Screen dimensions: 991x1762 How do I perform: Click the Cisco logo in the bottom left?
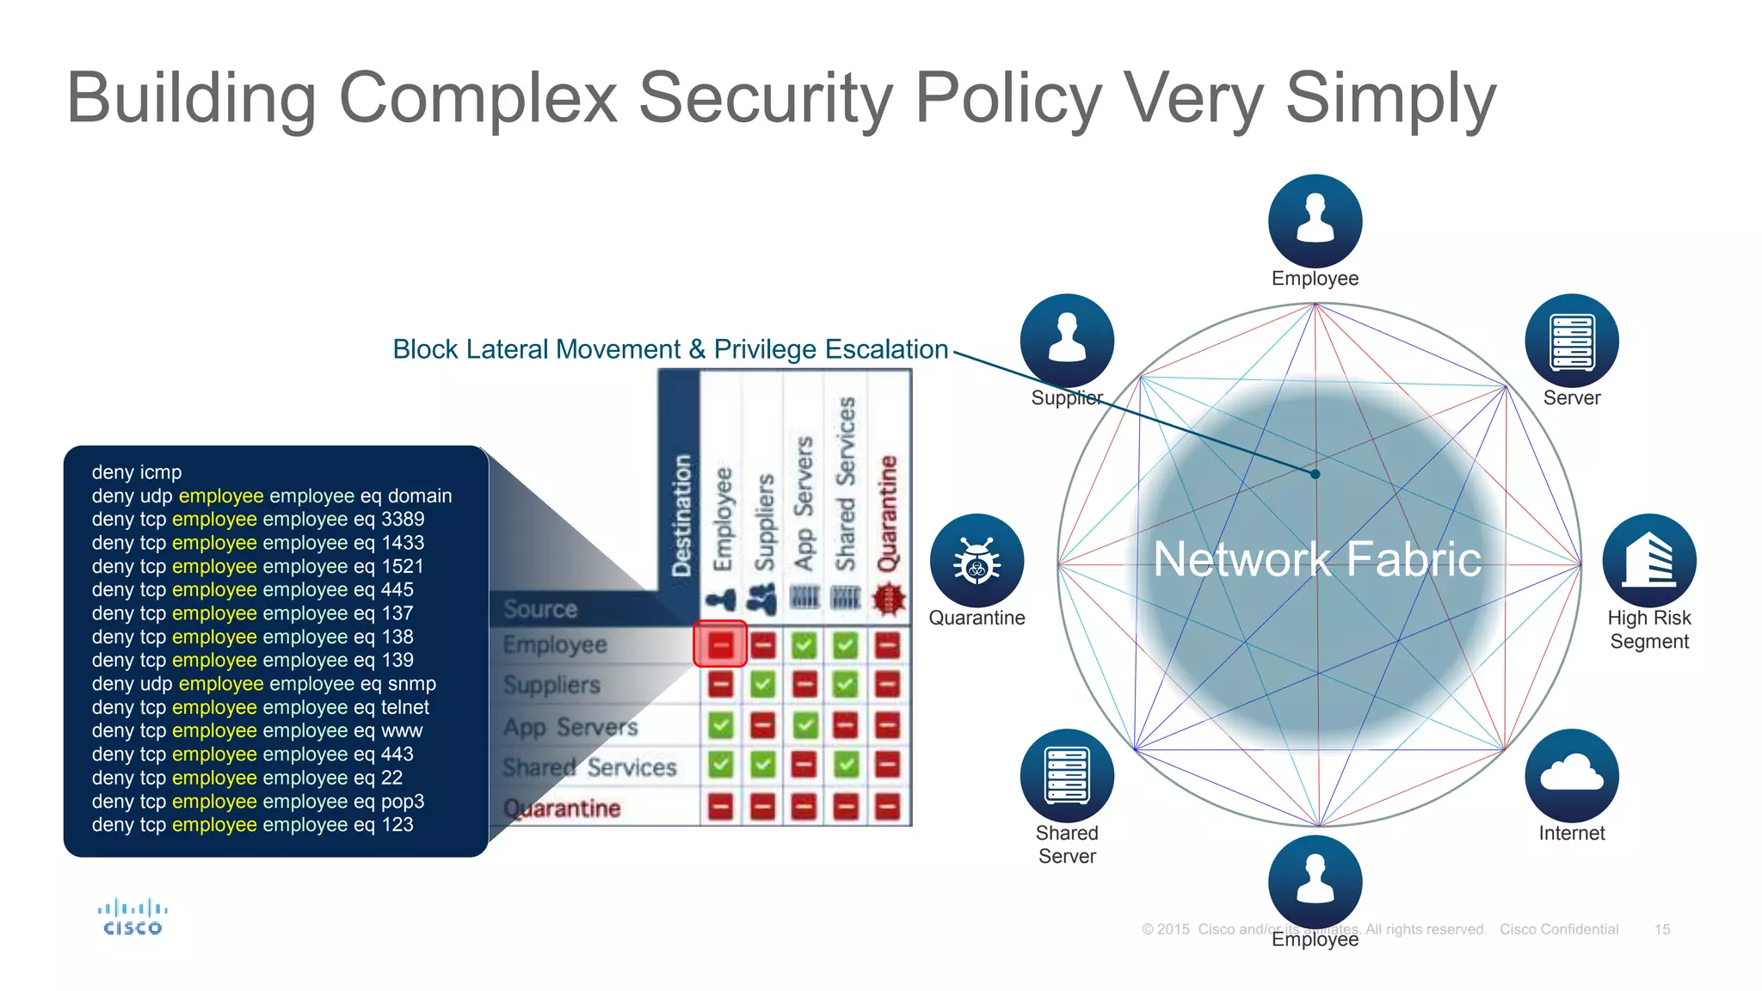tap(132, 917)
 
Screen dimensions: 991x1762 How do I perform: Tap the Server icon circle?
tap(1571, 341)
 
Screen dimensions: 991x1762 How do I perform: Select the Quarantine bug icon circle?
tap(976, 561)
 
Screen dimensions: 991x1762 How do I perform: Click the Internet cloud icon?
tap(1571, 775)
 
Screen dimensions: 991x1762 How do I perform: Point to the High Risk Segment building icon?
tap(1648, 561)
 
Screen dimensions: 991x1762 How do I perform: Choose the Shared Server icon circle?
tap(1067, 775)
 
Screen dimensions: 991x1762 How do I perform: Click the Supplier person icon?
tap(1067, 341)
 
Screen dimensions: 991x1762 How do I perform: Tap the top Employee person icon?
tap(1315, 220)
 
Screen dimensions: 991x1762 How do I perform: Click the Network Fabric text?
tap(1316, 559)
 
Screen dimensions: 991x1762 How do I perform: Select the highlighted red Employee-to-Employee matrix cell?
tap(720, 643)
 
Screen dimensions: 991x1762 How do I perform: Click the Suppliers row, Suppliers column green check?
tap(762, 685)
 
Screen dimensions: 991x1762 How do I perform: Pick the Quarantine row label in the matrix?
tap(562, 808)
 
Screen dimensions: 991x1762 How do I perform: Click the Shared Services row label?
tap(589, 766)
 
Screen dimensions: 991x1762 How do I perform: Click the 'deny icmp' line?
tap(137, 472)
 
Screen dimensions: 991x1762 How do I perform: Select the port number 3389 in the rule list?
tap(403, 519)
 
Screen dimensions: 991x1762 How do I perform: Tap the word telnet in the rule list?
tap(404, 707)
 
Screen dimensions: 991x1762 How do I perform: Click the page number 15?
tap(1661, 929)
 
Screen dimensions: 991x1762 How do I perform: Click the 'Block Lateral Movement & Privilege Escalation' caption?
tap(669, 349)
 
